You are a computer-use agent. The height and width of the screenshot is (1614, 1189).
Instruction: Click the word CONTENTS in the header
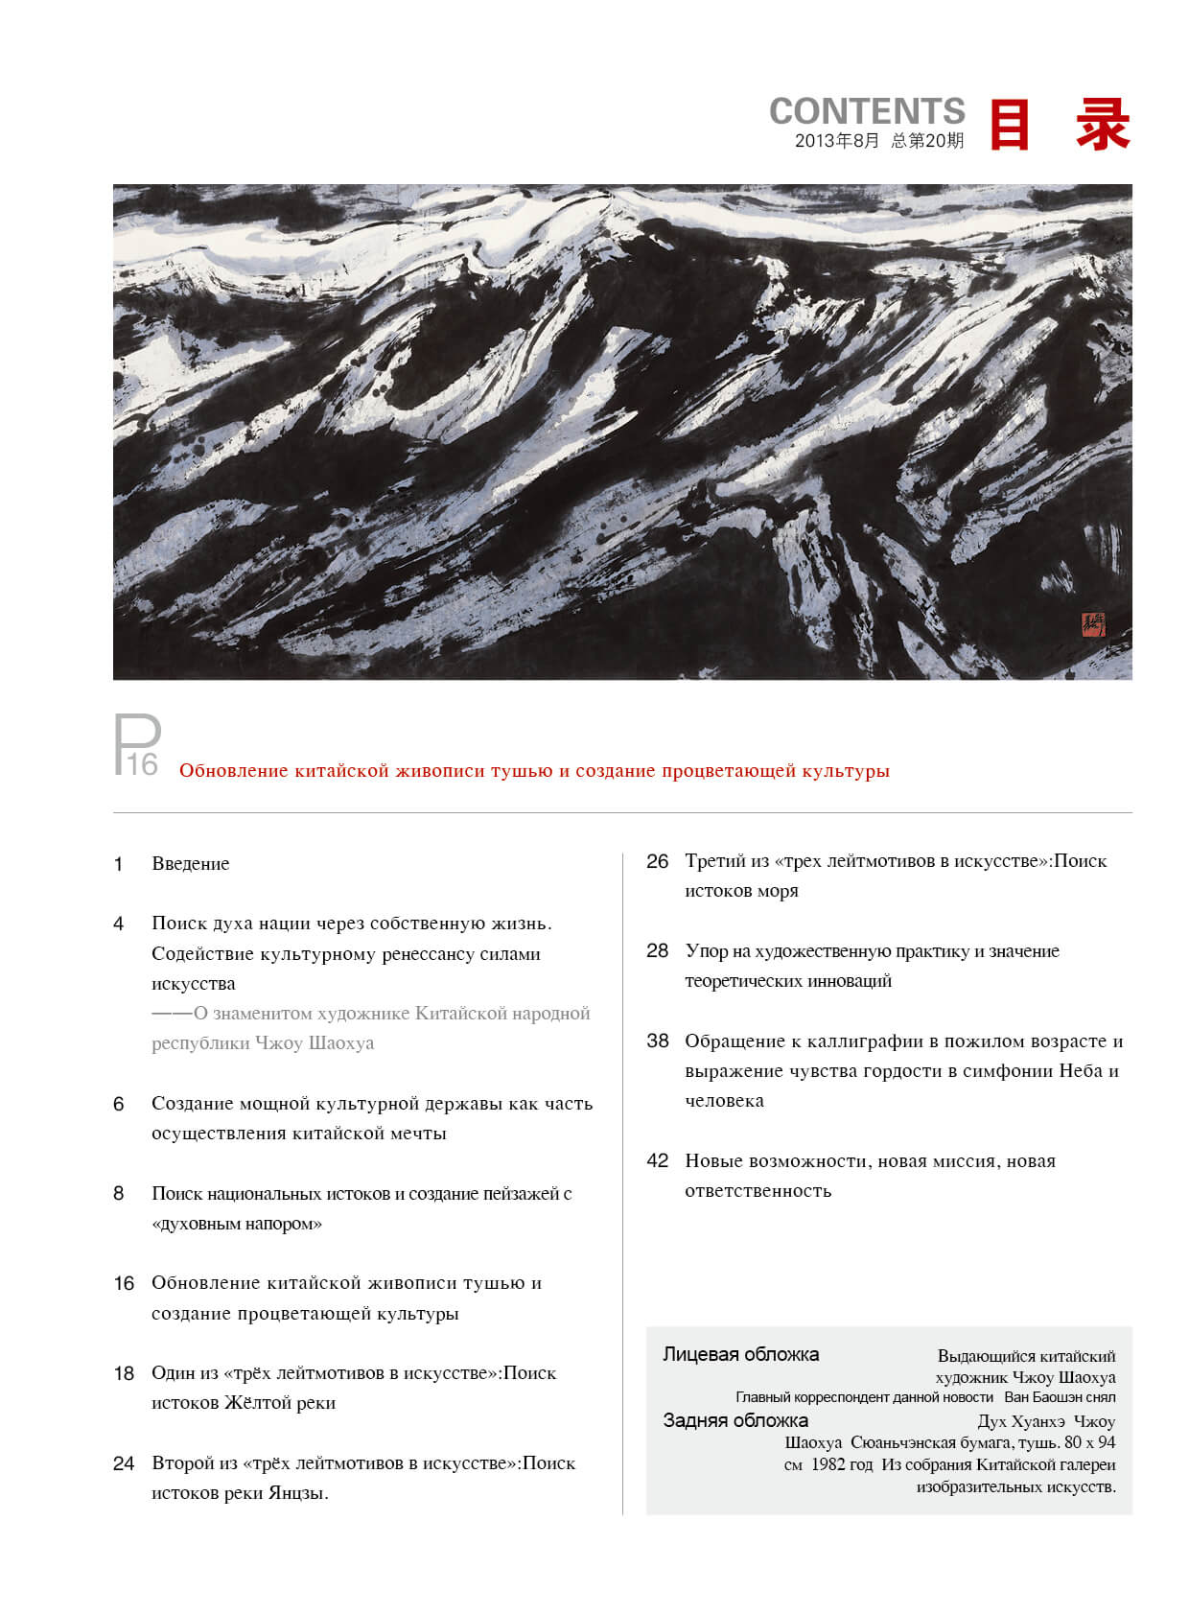[867, 111]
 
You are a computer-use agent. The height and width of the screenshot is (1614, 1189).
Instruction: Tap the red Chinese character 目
[1009, 125]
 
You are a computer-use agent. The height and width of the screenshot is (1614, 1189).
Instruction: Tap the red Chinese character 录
[1103, 125]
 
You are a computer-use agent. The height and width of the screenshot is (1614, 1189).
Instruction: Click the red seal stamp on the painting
[1093, 625]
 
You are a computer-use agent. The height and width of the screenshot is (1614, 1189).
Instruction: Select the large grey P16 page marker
[137, 746]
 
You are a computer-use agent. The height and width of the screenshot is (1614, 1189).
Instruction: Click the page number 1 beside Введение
[118, 864]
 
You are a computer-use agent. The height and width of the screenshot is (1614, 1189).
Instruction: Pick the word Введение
[191, 864]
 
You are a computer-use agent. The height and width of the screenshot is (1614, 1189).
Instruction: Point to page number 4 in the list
[118, 924]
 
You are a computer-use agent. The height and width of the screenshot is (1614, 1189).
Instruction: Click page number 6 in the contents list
[118, 1104]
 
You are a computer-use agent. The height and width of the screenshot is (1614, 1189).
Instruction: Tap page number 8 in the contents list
[118, 1194]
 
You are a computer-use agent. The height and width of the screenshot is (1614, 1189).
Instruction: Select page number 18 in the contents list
[124, 1373]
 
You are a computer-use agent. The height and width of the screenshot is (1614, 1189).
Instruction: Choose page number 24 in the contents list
[124, 1463]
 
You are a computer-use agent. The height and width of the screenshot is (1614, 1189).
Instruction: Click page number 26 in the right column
[657, 861]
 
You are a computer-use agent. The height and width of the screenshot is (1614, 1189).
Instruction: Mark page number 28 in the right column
[657, 951]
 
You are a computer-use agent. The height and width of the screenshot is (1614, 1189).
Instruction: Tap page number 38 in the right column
[657, 1041]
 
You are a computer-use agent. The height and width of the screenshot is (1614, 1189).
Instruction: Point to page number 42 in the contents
[657, 1161]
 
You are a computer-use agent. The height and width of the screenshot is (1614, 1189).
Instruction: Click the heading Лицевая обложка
[740, 1355]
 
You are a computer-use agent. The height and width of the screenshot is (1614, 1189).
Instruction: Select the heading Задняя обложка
[735, 1421]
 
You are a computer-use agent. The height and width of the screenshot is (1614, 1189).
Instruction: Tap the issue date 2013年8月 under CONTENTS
[836, 141]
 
